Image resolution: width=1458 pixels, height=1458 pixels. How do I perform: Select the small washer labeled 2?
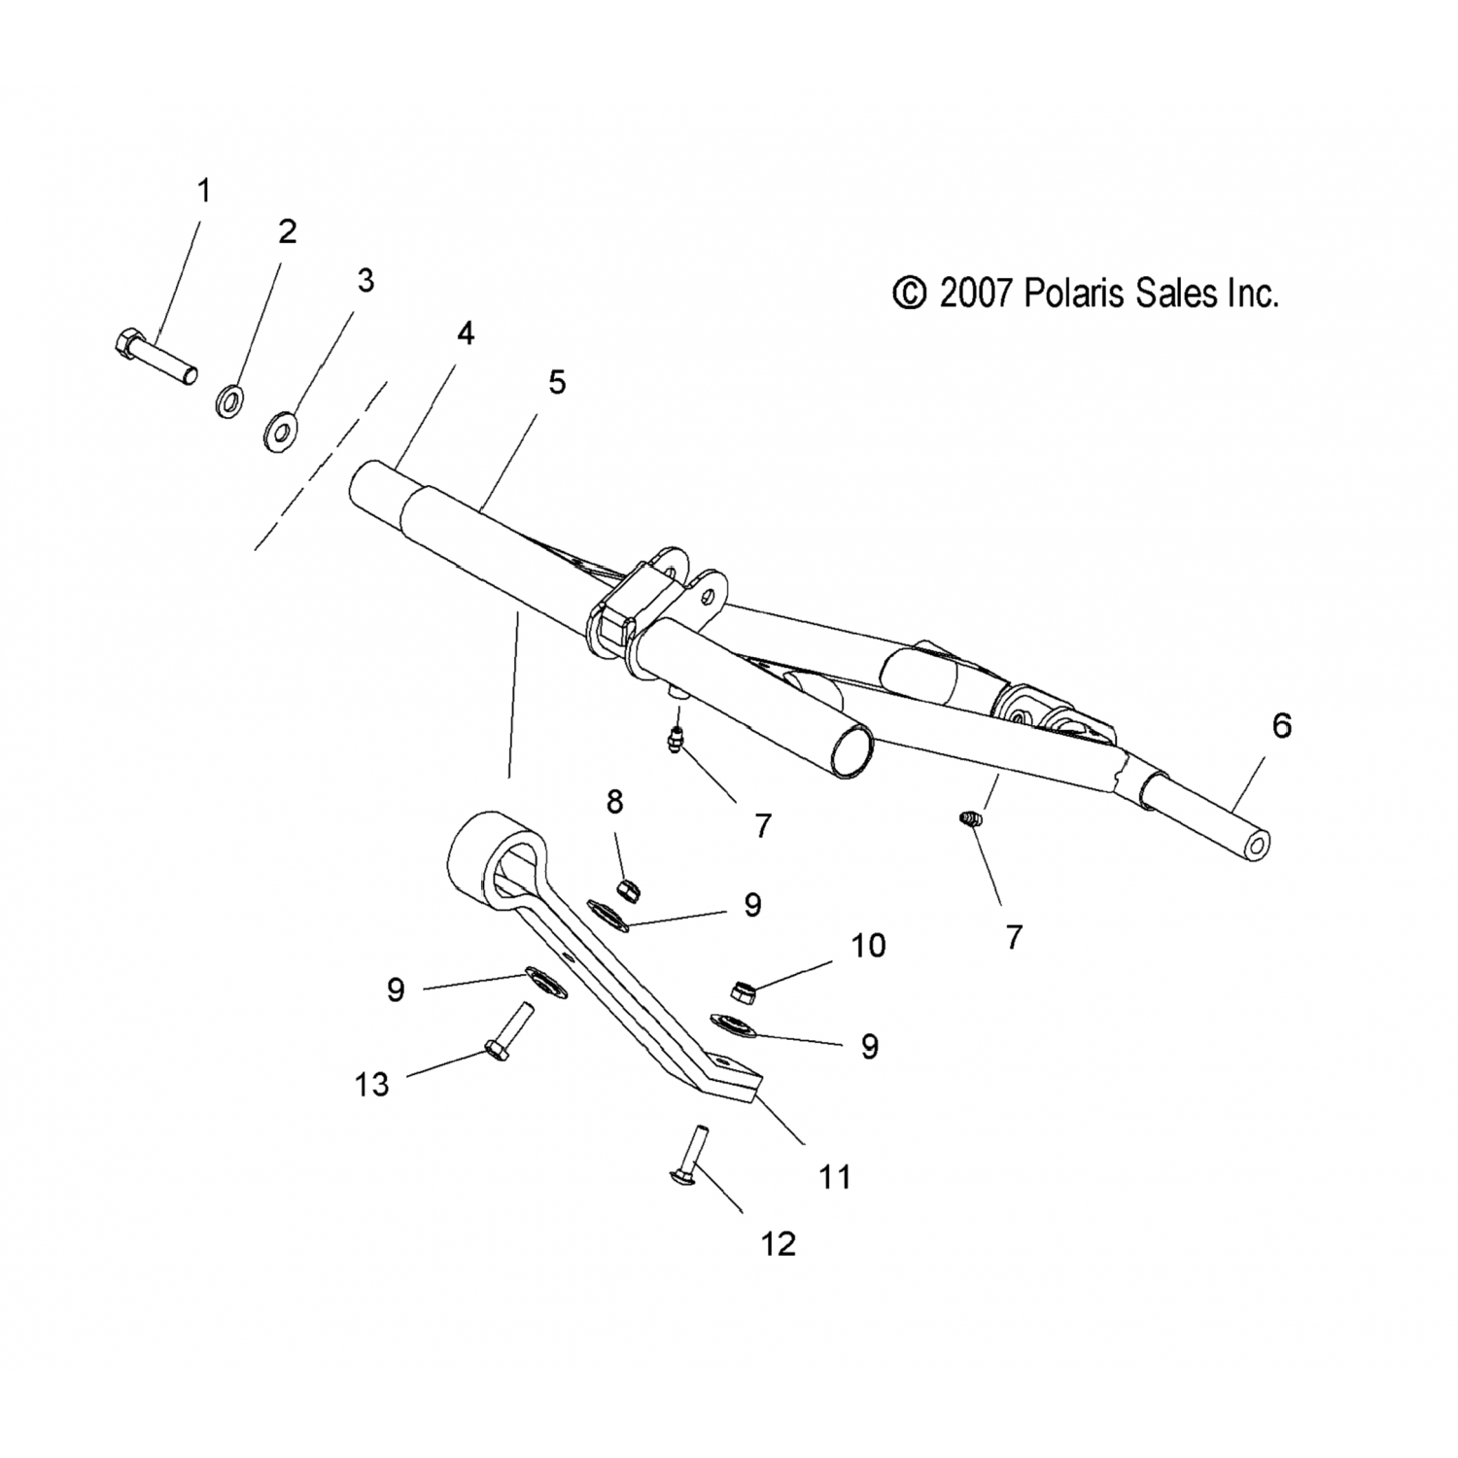(x=230, y=400)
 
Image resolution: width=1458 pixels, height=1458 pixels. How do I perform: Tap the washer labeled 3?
(x=282, y=429)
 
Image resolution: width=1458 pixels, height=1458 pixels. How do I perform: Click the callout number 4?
(x=466, y=333)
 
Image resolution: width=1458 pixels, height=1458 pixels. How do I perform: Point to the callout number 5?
(x=556, y=382)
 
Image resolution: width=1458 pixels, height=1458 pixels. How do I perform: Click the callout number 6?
(x=1281, y=725)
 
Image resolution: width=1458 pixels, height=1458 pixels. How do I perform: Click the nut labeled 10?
(x=744, y=990)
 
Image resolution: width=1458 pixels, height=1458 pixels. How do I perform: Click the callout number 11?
(x=835, y=1177)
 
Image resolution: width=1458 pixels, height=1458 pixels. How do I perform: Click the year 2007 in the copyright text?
(x=976, y=293)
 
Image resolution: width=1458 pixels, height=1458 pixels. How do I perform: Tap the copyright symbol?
(x=910, y=293)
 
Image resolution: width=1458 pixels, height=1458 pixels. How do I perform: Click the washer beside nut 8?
(x=608, y=915)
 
